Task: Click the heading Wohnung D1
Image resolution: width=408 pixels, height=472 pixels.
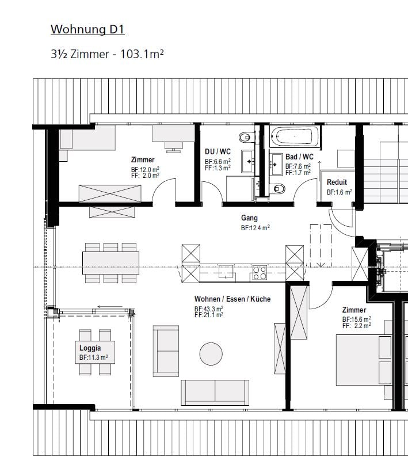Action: [87, 29]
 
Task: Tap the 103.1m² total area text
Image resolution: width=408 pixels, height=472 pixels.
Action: [142, 54]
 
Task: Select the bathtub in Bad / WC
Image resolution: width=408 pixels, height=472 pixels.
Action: [295, 136]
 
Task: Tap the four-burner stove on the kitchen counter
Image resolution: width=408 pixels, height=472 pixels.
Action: [260, 273]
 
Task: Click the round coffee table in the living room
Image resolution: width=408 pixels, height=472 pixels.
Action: [211, 353]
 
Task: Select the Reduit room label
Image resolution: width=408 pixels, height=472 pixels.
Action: [337, 182]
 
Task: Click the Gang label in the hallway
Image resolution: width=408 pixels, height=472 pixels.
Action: [249, 218]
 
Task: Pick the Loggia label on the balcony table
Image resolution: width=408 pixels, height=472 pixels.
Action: [90, 348]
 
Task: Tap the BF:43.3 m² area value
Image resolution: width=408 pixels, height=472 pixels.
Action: [209, 309]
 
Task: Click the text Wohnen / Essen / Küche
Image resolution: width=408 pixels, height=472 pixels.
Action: [232, 299]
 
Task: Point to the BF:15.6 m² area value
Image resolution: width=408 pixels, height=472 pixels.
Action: [357, 319]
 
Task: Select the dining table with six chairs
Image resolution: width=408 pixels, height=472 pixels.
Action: [110, 263]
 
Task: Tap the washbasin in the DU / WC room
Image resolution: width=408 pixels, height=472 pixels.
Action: [247, 162]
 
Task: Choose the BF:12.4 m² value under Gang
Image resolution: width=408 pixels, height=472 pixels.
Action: [255, 228]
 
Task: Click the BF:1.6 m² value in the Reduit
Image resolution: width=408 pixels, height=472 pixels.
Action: [340, 192]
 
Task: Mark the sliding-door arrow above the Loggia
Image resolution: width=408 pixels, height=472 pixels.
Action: [110, 307]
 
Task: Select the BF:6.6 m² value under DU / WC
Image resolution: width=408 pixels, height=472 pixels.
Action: [218, 162]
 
